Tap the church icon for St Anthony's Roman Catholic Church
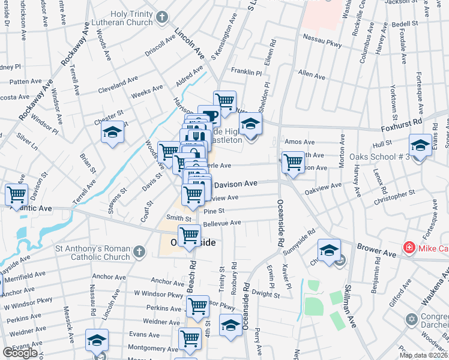point(138,252)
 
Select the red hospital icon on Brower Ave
point(409,247)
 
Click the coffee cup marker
point(210,115)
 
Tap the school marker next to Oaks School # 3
point(420,146)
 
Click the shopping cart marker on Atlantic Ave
point(16,194)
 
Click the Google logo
point(20,353)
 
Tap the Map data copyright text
point(423,355)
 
